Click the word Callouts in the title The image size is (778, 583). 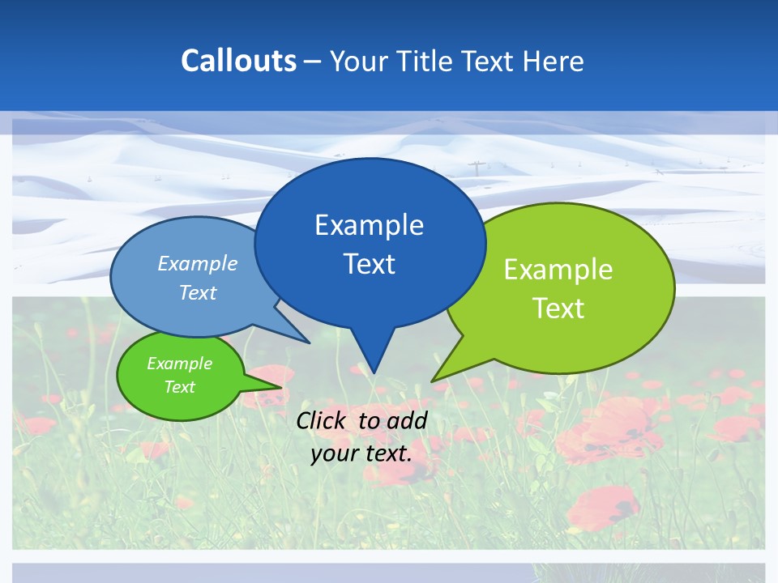[238, 61]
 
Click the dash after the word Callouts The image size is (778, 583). [314, 62]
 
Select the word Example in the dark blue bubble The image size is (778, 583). [369, 224]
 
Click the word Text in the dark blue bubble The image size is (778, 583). [369, 264]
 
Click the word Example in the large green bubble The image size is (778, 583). [558, 269]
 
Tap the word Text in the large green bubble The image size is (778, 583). [558, 308]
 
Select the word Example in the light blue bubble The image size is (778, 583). [197, 263]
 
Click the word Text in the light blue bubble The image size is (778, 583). [197, 292]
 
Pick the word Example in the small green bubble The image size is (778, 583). [179, 364]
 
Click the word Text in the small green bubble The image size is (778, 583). [179, 387]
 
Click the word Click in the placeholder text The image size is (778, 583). [323, 420]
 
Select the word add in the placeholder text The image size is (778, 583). [406, 420]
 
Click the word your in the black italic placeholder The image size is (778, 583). [334, 453]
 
